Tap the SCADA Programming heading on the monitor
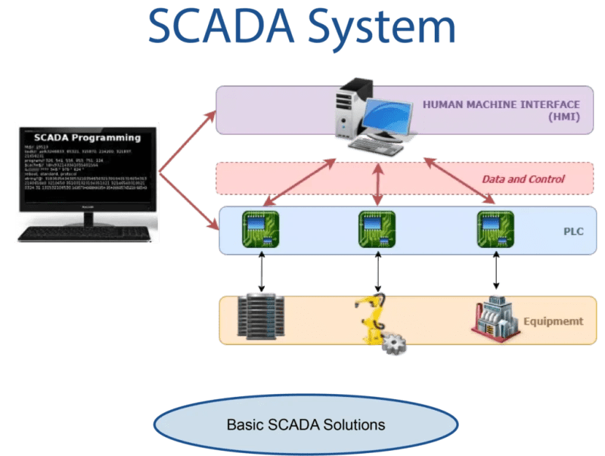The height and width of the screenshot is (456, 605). click(88, 138)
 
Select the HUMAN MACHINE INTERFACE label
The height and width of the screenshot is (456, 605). click(501, 104)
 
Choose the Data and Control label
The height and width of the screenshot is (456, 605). click(523, 179)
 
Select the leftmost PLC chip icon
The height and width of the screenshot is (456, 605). click(261, 230)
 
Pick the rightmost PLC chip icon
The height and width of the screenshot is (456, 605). click(496, 230)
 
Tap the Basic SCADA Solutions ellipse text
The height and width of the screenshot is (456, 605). click(306, 424)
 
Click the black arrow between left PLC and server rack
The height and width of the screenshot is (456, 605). click(262, 271)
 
